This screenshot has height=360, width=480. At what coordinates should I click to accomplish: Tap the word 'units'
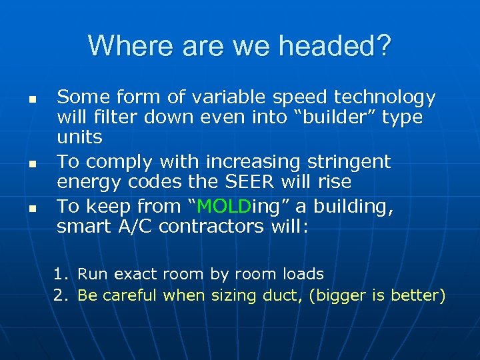coord(79,137)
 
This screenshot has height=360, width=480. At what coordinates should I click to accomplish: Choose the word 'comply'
coord(113,162)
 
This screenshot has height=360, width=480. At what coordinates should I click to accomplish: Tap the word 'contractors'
coord(213,227)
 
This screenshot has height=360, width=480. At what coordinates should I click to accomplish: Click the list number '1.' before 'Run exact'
coord(62,274)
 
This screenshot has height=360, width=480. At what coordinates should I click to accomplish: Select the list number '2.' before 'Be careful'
coord(62,295)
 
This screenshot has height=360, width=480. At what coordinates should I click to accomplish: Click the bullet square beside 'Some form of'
coord(31,99)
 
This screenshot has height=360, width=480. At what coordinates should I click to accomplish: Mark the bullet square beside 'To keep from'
coord(31,209)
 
